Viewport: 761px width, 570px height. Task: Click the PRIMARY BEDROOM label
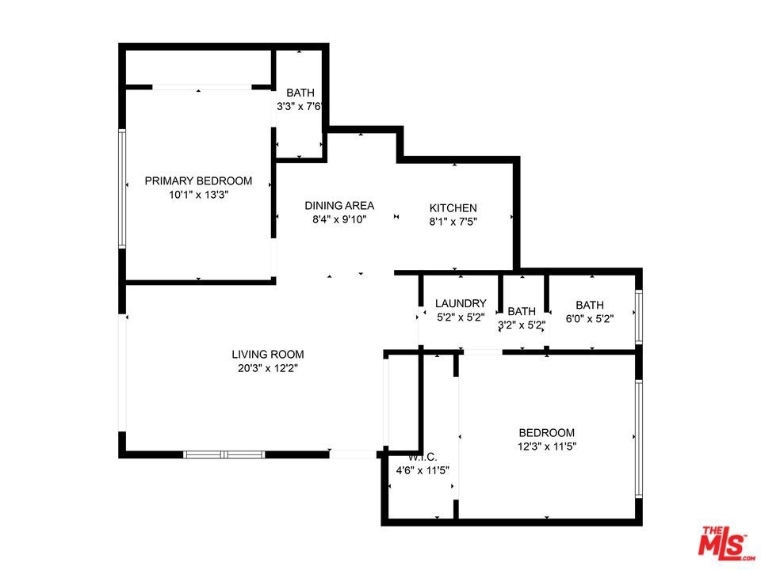(x=198, y=180)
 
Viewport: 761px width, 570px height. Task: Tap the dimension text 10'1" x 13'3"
(x=198, y=195)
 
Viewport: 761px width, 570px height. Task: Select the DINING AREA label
(x=339, y=205)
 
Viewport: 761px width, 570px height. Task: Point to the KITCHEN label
(x=453, y=208)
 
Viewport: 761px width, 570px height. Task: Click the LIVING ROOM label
(x=268, y=355)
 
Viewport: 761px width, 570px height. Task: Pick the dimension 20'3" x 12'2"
(x=268, y=368)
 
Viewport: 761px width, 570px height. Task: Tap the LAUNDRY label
(x=461, y=303)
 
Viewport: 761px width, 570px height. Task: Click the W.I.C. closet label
(x=423, y=457)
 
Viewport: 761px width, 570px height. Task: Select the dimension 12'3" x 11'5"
(x=547, y=446)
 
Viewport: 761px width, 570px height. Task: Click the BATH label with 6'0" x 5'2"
(x=590, y=305)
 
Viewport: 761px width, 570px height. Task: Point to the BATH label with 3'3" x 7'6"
(x=300, y=93)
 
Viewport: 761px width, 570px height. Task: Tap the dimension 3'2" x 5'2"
(x=522, y=325)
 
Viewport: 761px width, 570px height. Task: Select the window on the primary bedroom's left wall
(x=122, y=188)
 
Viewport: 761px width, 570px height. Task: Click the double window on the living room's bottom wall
(x=224, y=454)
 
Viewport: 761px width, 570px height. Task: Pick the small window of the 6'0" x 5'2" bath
(x=639, y=317)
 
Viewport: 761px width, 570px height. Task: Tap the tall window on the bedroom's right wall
(x=639, y=439)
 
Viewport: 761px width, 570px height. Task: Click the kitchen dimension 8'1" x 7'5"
(x=453, y=222)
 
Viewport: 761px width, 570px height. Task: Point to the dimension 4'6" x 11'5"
(x=423, y=470)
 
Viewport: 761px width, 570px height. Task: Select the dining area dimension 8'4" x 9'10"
(x=339, y=219)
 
